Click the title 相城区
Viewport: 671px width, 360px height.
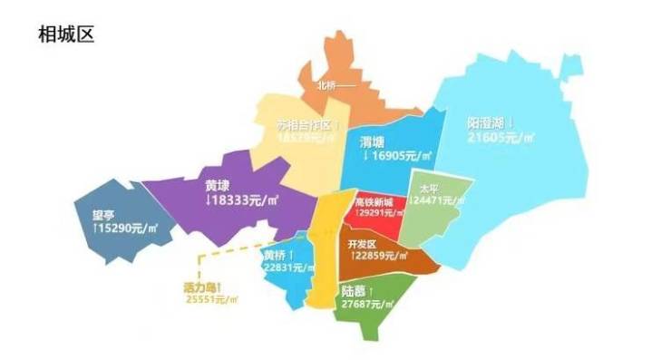pyautogui.click(x=66, y=34)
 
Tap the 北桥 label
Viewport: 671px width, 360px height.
pyautogui.click(x=327, y=87)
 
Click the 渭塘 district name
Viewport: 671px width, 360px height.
pyautogui.click(x=372, y=141)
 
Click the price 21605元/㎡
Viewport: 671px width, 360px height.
pyautogui.click(x=501, y=138)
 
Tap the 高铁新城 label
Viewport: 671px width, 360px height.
pyautogui.click(x=374, y=201)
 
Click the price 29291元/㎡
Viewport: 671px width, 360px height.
pyautogui.click(x=377, y=213)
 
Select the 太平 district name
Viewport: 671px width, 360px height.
pyautogui.click(x=427, y=190)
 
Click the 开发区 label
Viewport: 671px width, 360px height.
pyautogui.click(x=361, y=244)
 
